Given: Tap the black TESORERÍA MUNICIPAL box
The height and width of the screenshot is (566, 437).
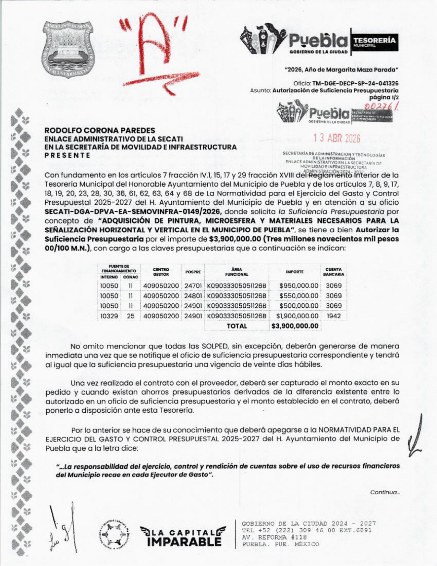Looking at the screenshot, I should [x=374, y=42].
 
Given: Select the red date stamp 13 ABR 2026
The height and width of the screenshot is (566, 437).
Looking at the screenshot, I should [x=337, y=138].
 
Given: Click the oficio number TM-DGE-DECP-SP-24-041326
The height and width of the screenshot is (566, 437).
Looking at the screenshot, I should [x=355, y=83].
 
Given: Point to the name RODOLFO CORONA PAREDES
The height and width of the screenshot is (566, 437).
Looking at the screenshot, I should [x=100, y=130].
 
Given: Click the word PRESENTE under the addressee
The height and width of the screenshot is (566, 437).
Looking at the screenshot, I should [x=68, y=155].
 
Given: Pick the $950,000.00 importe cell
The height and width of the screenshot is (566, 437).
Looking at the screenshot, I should [x=299, y=286].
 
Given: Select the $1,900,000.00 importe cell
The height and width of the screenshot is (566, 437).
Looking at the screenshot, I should [x=297, y=316].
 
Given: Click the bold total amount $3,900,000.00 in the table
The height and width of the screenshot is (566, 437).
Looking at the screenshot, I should [x=295, y=326].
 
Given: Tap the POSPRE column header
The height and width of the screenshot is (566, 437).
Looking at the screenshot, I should [x=193, y=272].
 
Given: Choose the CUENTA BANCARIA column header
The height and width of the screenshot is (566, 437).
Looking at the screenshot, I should [x=333, y=272].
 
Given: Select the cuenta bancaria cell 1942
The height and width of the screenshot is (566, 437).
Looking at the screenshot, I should [x=333, y=316].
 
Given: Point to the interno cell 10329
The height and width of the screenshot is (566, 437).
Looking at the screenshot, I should [x=109, y=316].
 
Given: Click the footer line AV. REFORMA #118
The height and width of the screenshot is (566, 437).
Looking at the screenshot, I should [x=274, y=537].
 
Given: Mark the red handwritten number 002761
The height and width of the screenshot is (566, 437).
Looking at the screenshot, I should [x=383, y=107].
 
